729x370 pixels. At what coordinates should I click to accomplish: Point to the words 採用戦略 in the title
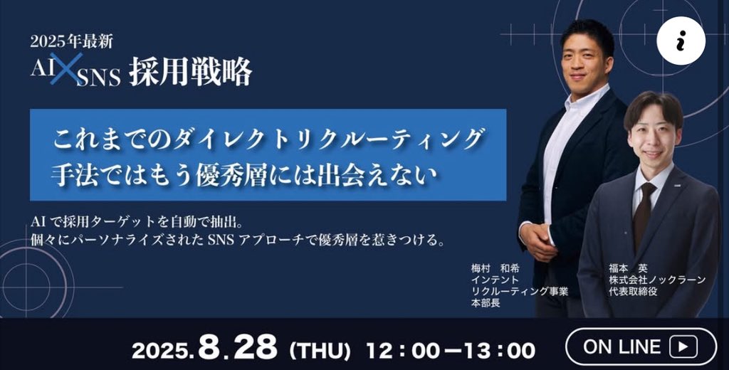[190, 73]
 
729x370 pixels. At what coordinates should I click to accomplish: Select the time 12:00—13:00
[450, 350]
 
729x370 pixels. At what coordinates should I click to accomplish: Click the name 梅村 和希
[495, 268]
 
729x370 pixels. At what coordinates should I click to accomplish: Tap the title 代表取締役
[632, 292]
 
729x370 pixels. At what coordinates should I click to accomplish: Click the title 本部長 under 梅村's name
[484, 304]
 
